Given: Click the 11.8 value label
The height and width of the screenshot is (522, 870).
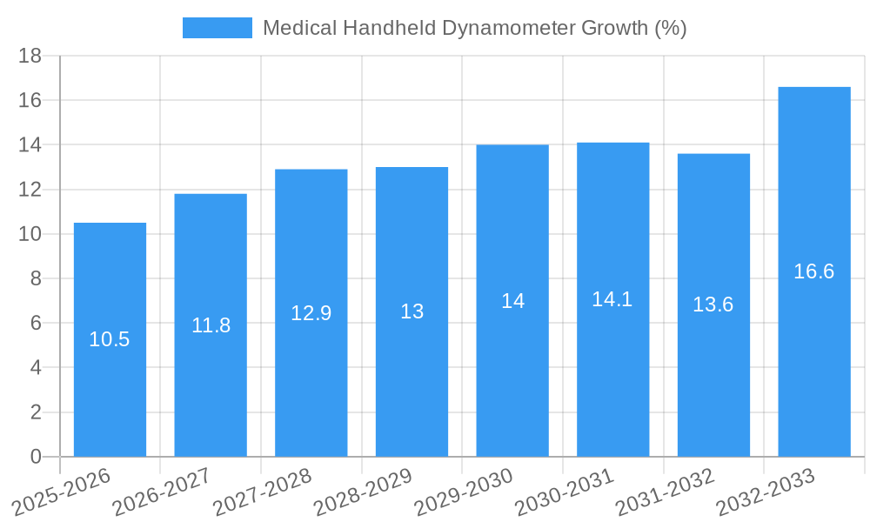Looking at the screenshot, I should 211,325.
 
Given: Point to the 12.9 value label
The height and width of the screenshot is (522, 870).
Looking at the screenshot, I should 311,313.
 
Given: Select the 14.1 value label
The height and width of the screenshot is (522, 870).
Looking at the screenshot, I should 612,299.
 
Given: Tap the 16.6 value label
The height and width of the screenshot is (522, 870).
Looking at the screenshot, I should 814,271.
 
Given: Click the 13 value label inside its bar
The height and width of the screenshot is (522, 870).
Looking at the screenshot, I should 412,311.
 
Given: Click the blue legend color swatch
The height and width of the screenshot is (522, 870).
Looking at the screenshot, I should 217,28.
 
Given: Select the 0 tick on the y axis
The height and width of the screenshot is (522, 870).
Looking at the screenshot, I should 36,457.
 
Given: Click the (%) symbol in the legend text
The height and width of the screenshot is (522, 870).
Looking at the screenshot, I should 669,28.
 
